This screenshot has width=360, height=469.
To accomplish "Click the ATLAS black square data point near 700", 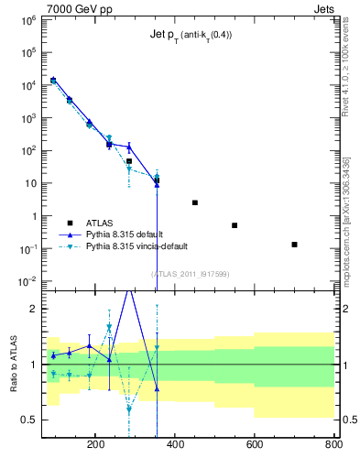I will [x=294, y=245].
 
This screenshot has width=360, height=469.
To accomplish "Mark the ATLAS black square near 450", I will [x=195, y=202].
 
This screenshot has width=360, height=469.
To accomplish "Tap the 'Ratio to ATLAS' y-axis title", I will [x=13, y=365].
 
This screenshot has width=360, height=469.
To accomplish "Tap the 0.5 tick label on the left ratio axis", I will [x=28, y=420].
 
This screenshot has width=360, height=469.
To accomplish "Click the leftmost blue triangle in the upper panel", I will [x=53, y=81].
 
